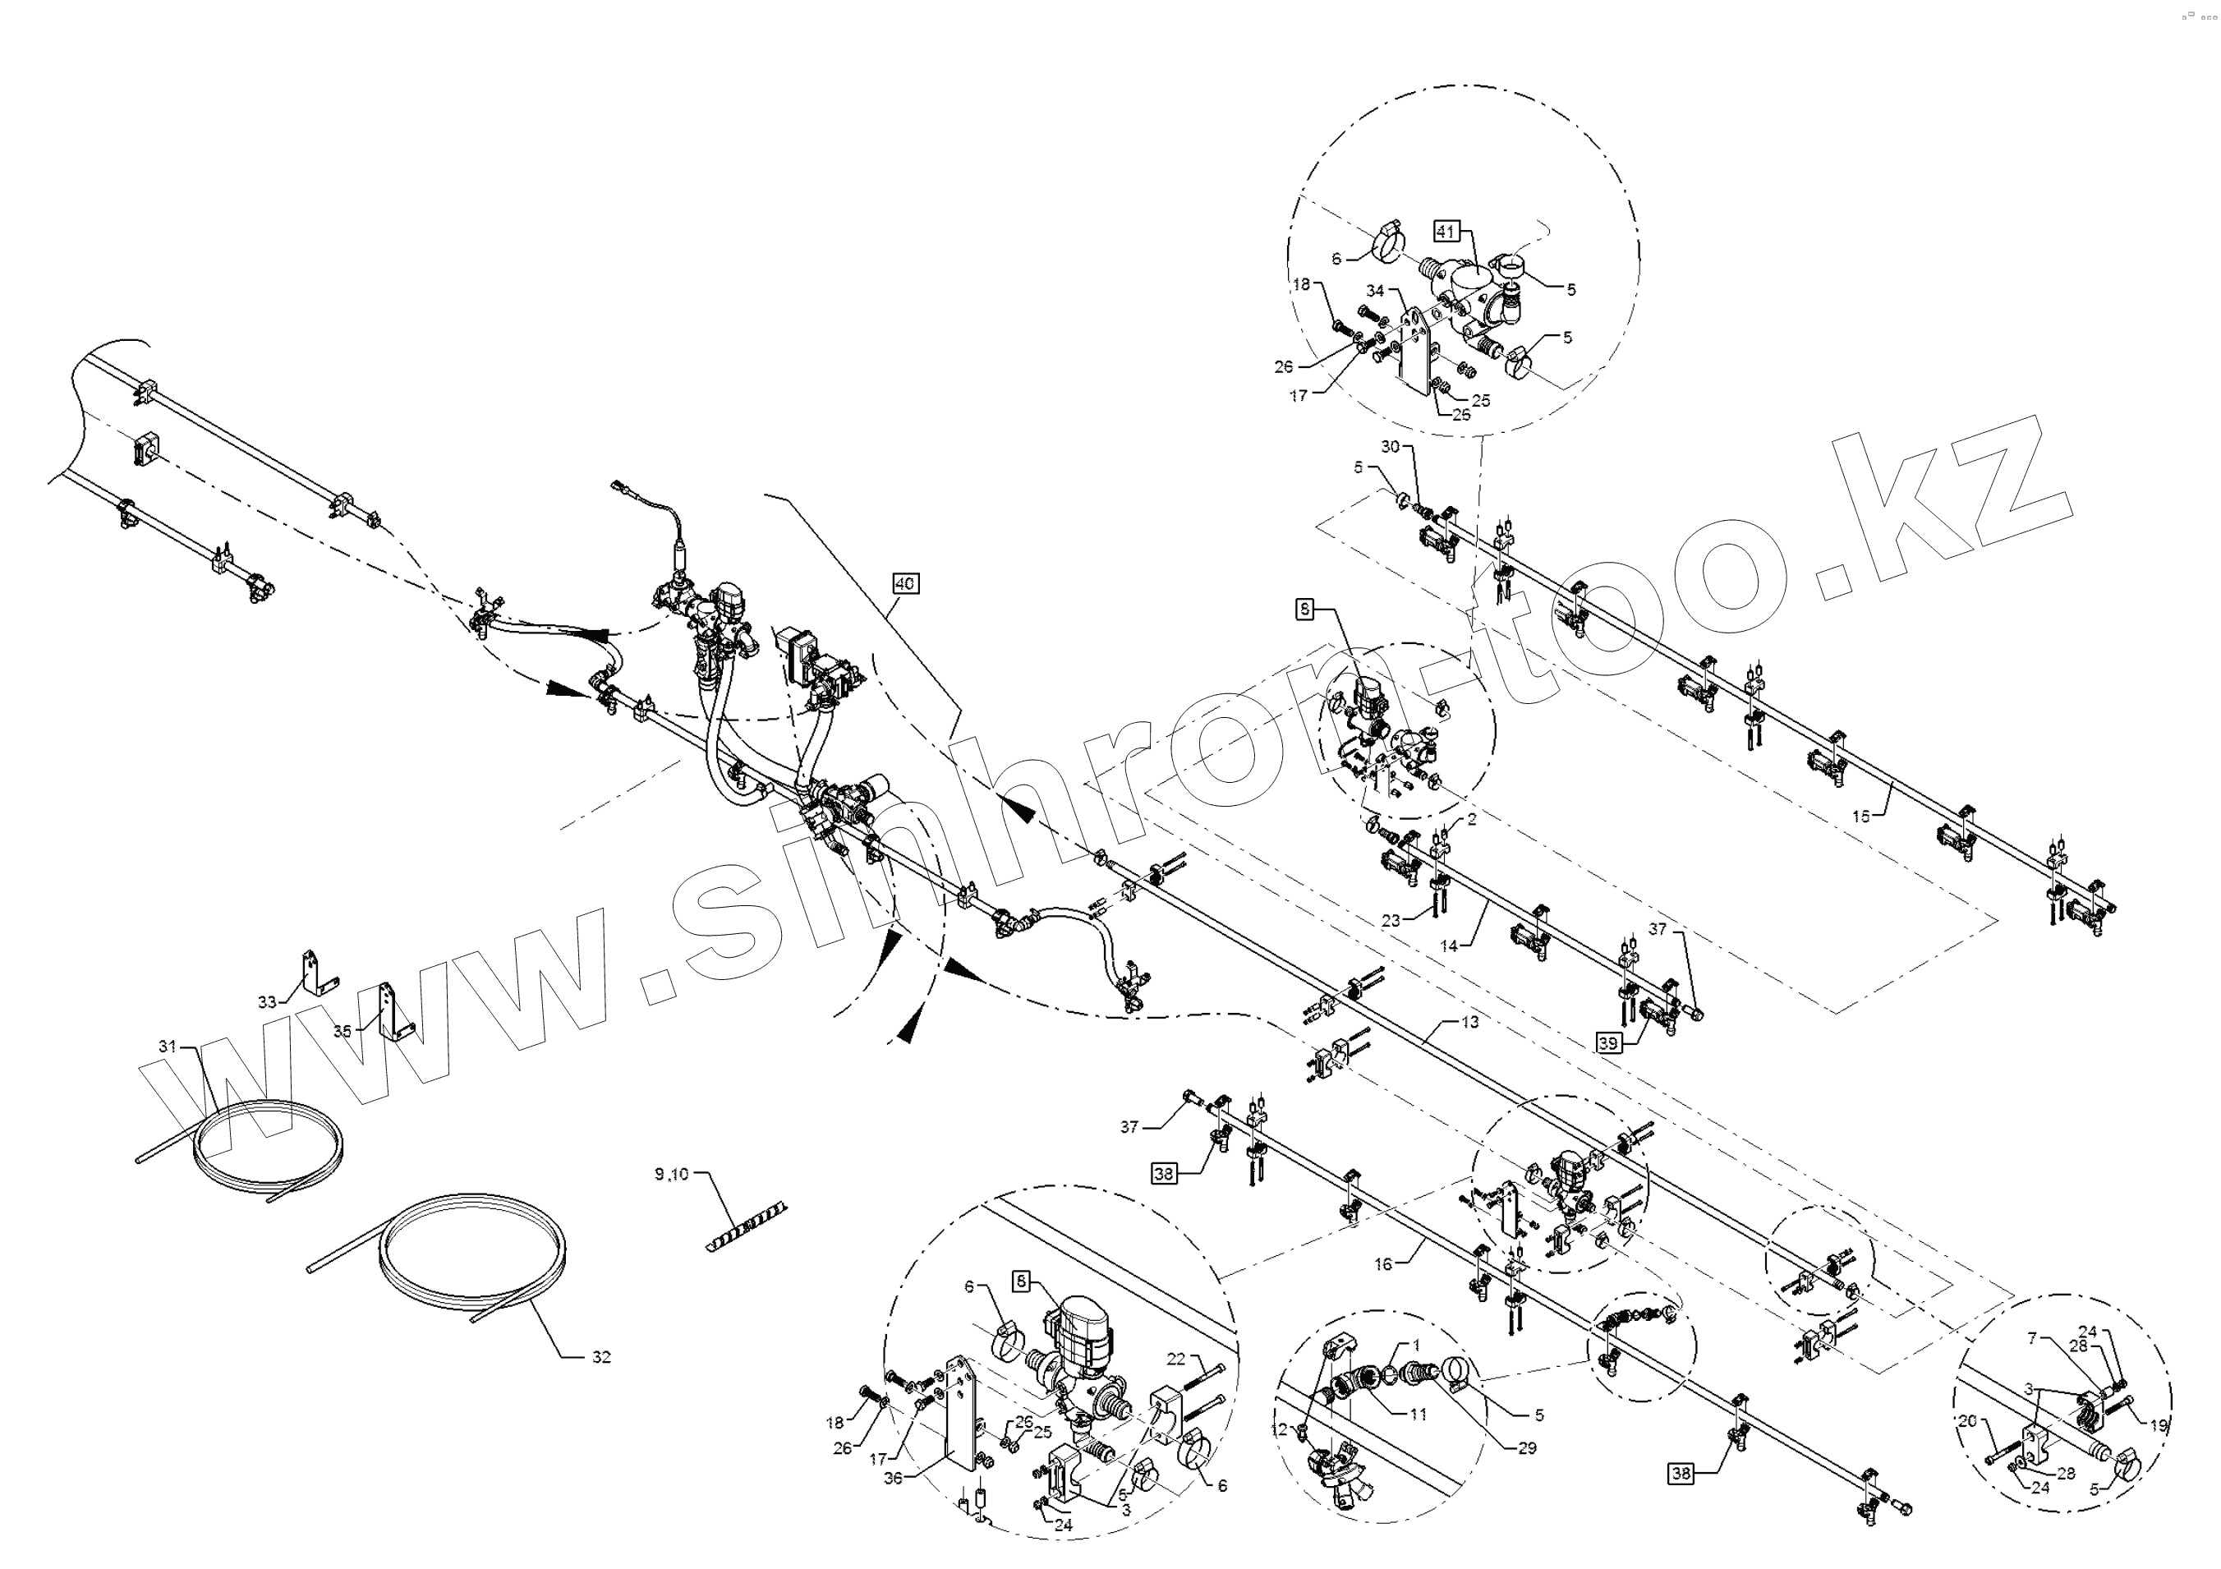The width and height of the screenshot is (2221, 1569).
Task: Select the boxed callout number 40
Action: click(904, 583)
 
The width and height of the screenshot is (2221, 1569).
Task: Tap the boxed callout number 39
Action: click(1607, 1044)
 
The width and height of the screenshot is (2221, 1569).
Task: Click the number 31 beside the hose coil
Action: click(168, 1046)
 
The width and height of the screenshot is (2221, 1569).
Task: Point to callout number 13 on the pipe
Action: click(1469, 1023)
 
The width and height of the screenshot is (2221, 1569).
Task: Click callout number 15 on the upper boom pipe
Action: click(1860, 817)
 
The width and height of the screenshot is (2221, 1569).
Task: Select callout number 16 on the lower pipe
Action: click(1383, 1263)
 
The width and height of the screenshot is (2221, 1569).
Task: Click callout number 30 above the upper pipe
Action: click(1390, 447)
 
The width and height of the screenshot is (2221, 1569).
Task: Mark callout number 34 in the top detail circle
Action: click(1376, 290)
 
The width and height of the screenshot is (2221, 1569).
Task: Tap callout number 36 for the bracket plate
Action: click(893, 1478)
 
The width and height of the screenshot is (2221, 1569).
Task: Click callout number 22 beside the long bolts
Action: click(1175, 1359)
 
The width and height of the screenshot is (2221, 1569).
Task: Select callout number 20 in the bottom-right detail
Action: click(1966, 1422)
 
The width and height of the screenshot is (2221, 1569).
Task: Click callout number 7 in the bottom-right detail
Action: click(2032, 1339)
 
